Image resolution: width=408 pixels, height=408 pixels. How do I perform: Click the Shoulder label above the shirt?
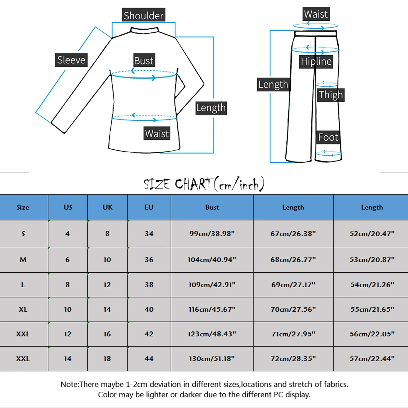click(143, 15)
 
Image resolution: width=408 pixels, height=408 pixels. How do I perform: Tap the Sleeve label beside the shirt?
click(71, 60)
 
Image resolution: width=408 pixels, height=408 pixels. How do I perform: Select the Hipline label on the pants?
click(316, 61)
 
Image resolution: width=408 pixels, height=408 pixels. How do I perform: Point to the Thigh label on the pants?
click(331, 95)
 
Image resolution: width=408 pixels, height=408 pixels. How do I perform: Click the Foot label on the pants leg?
click(328, 137)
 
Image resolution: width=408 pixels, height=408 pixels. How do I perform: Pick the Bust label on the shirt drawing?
click(144, 61)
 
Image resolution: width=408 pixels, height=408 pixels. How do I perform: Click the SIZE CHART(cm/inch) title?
click(204, 184)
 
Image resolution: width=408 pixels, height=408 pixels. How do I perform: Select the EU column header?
click(149, 207)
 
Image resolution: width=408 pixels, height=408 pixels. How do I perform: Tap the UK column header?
click(107, 207)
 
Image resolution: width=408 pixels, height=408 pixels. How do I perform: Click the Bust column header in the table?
click(212, 207)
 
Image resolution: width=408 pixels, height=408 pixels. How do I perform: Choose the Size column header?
click(23, 207)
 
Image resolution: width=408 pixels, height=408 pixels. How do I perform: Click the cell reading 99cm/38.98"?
click(212, 234)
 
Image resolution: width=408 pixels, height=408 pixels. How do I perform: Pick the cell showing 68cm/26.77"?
click(293, 260)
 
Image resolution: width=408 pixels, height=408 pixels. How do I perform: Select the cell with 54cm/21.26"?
click(372, 285)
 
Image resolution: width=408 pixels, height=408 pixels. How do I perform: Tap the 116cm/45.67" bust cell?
click(212, 309)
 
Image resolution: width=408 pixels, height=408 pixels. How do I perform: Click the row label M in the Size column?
click(23, 260)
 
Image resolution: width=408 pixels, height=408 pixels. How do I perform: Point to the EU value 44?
click(149, 359)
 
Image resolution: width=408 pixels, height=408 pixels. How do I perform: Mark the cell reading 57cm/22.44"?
click(372, 359)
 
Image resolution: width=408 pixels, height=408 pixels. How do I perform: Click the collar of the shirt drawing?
click(144, 30)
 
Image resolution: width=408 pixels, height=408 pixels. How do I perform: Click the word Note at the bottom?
click(70, 384)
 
